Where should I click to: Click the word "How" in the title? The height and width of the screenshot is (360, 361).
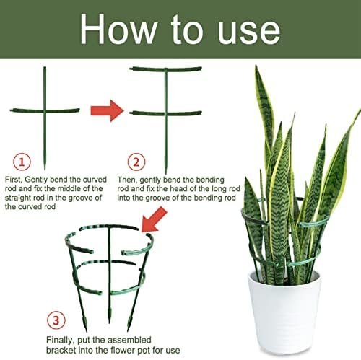point(118,30)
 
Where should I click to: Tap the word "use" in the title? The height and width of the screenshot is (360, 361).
point(248,32)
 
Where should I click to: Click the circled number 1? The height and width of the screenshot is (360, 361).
point(22,162)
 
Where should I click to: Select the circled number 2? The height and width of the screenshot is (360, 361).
point(136,162)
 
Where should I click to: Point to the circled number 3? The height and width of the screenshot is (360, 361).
point(56,320)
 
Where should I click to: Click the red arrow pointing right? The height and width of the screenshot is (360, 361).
point(107,111)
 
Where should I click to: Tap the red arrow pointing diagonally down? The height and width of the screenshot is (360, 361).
point(155,220)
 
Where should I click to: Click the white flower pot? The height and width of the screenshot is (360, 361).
point(284,312)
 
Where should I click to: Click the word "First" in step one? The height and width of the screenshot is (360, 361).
point(14,180)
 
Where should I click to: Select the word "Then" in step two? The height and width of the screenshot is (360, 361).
point(127,180)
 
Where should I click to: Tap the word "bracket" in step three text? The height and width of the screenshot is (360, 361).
point(61,350)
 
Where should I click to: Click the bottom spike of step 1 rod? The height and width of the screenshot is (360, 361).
point(45,167)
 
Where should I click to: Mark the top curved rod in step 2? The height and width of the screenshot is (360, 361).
point(165,69)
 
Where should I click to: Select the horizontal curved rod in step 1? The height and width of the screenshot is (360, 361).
point(45,111)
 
